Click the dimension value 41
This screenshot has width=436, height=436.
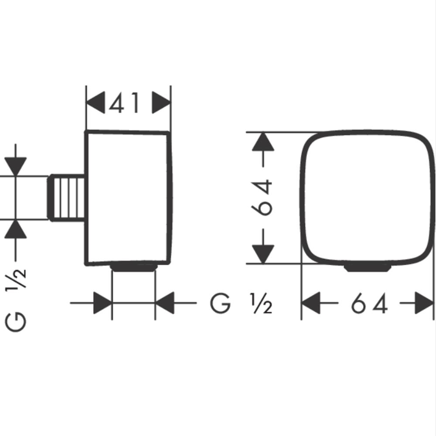click(124, 103)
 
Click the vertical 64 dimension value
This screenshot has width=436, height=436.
click(262, 198)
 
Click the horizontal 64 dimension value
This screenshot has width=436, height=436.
click(369, 303)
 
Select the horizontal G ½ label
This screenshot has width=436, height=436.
click(241, 303)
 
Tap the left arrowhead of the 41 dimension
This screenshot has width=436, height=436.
click(95, 102)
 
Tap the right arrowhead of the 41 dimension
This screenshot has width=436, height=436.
click(161, 102)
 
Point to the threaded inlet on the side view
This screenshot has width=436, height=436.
click(67, 198)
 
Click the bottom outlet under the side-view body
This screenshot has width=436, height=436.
click(134, 267)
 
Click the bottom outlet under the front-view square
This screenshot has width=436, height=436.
click(368, 268)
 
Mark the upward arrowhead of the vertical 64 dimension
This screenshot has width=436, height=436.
click(263, 142)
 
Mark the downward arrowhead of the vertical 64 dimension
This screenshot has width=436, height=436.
click(263, 254)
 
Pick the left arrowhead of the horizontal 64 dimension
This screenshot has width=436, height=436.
click(311, 303)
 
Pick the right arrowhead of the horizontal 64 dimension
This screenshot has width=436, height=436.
click(424, 303)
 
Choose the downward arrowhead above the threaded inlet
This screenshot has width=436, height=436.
click(16, 167)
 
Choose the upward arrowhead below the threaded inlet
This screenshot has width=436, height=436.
click(16, 229)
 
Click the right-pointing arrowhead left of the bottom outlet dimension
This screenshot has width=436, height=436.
click(102, 303)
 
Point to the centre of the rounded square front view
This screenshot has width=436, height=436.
click(367, 198)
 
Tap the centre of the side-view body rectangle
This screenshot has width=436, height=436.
click(128, 198)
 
